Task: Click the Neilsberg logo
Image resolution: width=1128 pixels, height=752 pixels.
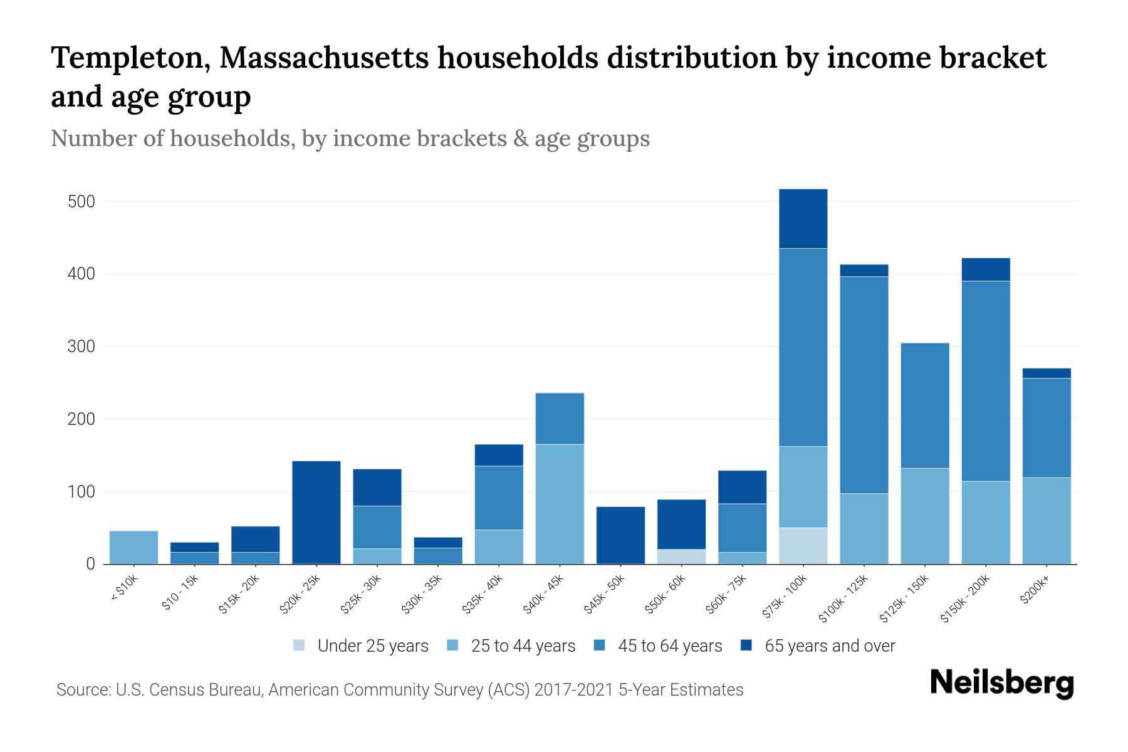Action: (x=1001, y=683)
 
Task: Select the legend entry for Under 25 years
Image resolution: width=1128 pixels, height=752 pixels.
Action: (x=372, y=646)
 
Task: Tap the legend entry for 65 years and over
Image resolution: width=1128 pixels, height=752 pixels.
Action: (x=829, y=646)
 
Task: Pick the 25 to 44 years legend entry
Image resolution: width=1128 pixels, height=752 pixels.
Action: (x=523, y=646)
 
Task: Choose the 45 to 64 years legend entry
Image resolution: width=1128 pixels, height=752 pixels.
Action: (x=669, y=646)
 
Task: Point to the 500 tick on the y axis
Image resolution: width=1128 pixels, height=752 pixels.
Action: (x=81, y=202)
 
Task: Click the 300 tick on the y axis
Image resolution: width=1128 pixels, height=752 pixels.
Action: (x=81, y=347)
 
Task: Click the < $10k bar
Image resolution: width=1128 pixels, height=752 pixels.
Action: (x=133, y=547)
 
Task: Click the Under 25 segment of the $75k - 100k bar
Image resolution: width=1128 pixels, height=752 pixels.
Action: (x=803, y=545)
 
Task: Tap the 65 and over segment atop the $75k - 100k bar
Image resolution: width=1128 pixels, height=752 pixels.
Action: (x=803, y=219)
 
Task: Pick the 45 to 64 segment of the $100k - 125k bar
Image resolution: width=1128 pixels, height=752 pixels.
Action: (x=864, y=385)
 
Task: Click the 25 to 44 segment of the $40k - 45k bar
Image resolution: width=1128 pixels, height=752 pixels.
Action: (x=560, y=504)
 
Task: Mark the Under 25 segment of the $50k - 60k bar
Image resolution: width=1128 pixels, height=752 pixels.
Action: (x=681, y=556)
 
